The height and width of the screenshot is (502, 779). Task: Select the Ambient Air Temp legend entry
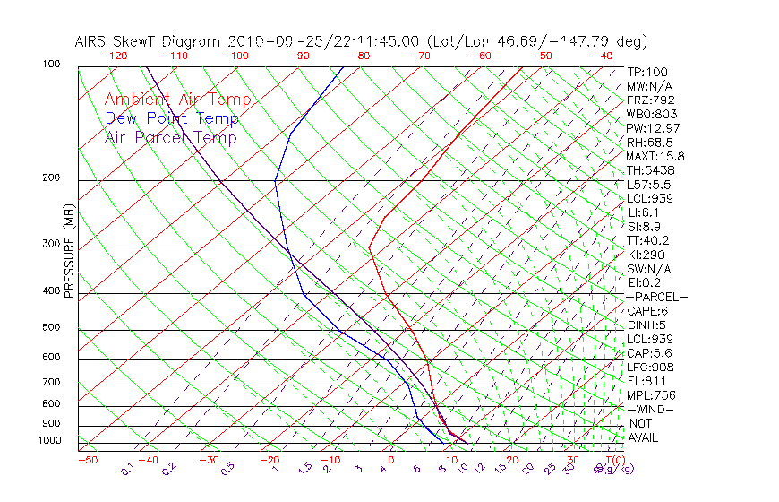[x=177, y=100]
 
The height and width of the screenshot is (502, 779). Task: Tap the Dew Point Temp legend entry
[x=172, y=118]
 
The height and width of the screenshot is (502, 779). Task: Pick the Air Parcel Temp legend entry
[x=170, y=137]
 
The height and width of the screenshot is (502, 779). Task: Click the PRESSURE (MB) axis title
[x=69, y=252]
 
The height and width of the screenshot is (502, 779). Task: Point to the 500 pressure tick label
[x=50, y=327]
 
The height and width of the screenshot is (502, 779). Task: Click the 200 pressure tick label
[x=50, y=177]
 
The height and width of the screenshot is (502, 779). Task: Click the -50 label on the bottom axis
[x=87, y=460]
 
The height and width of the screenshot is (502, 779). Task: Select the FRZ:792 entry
[x=650, y=100]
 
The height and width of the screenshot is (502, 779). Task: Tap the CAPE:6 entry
[x=647, y=310]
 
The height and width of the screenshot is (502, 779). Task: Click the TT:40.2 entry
[x=648, y=240]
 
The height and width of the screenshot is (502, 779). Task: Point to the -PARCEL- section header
[x=657, y=297]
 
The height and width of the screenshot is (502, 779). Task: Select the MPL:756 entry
[x=650, y=394]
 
